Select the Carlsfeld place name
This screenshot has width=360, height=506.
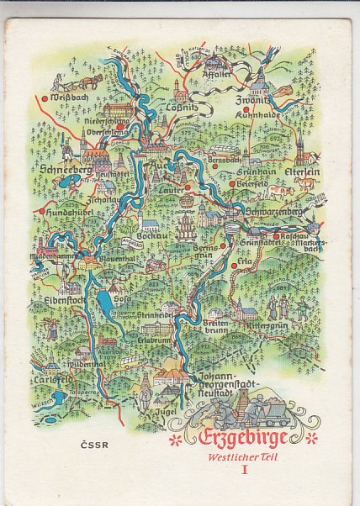click(53, 377)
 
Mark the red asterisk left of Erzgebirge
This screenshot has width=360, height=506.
click(176, 440)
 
